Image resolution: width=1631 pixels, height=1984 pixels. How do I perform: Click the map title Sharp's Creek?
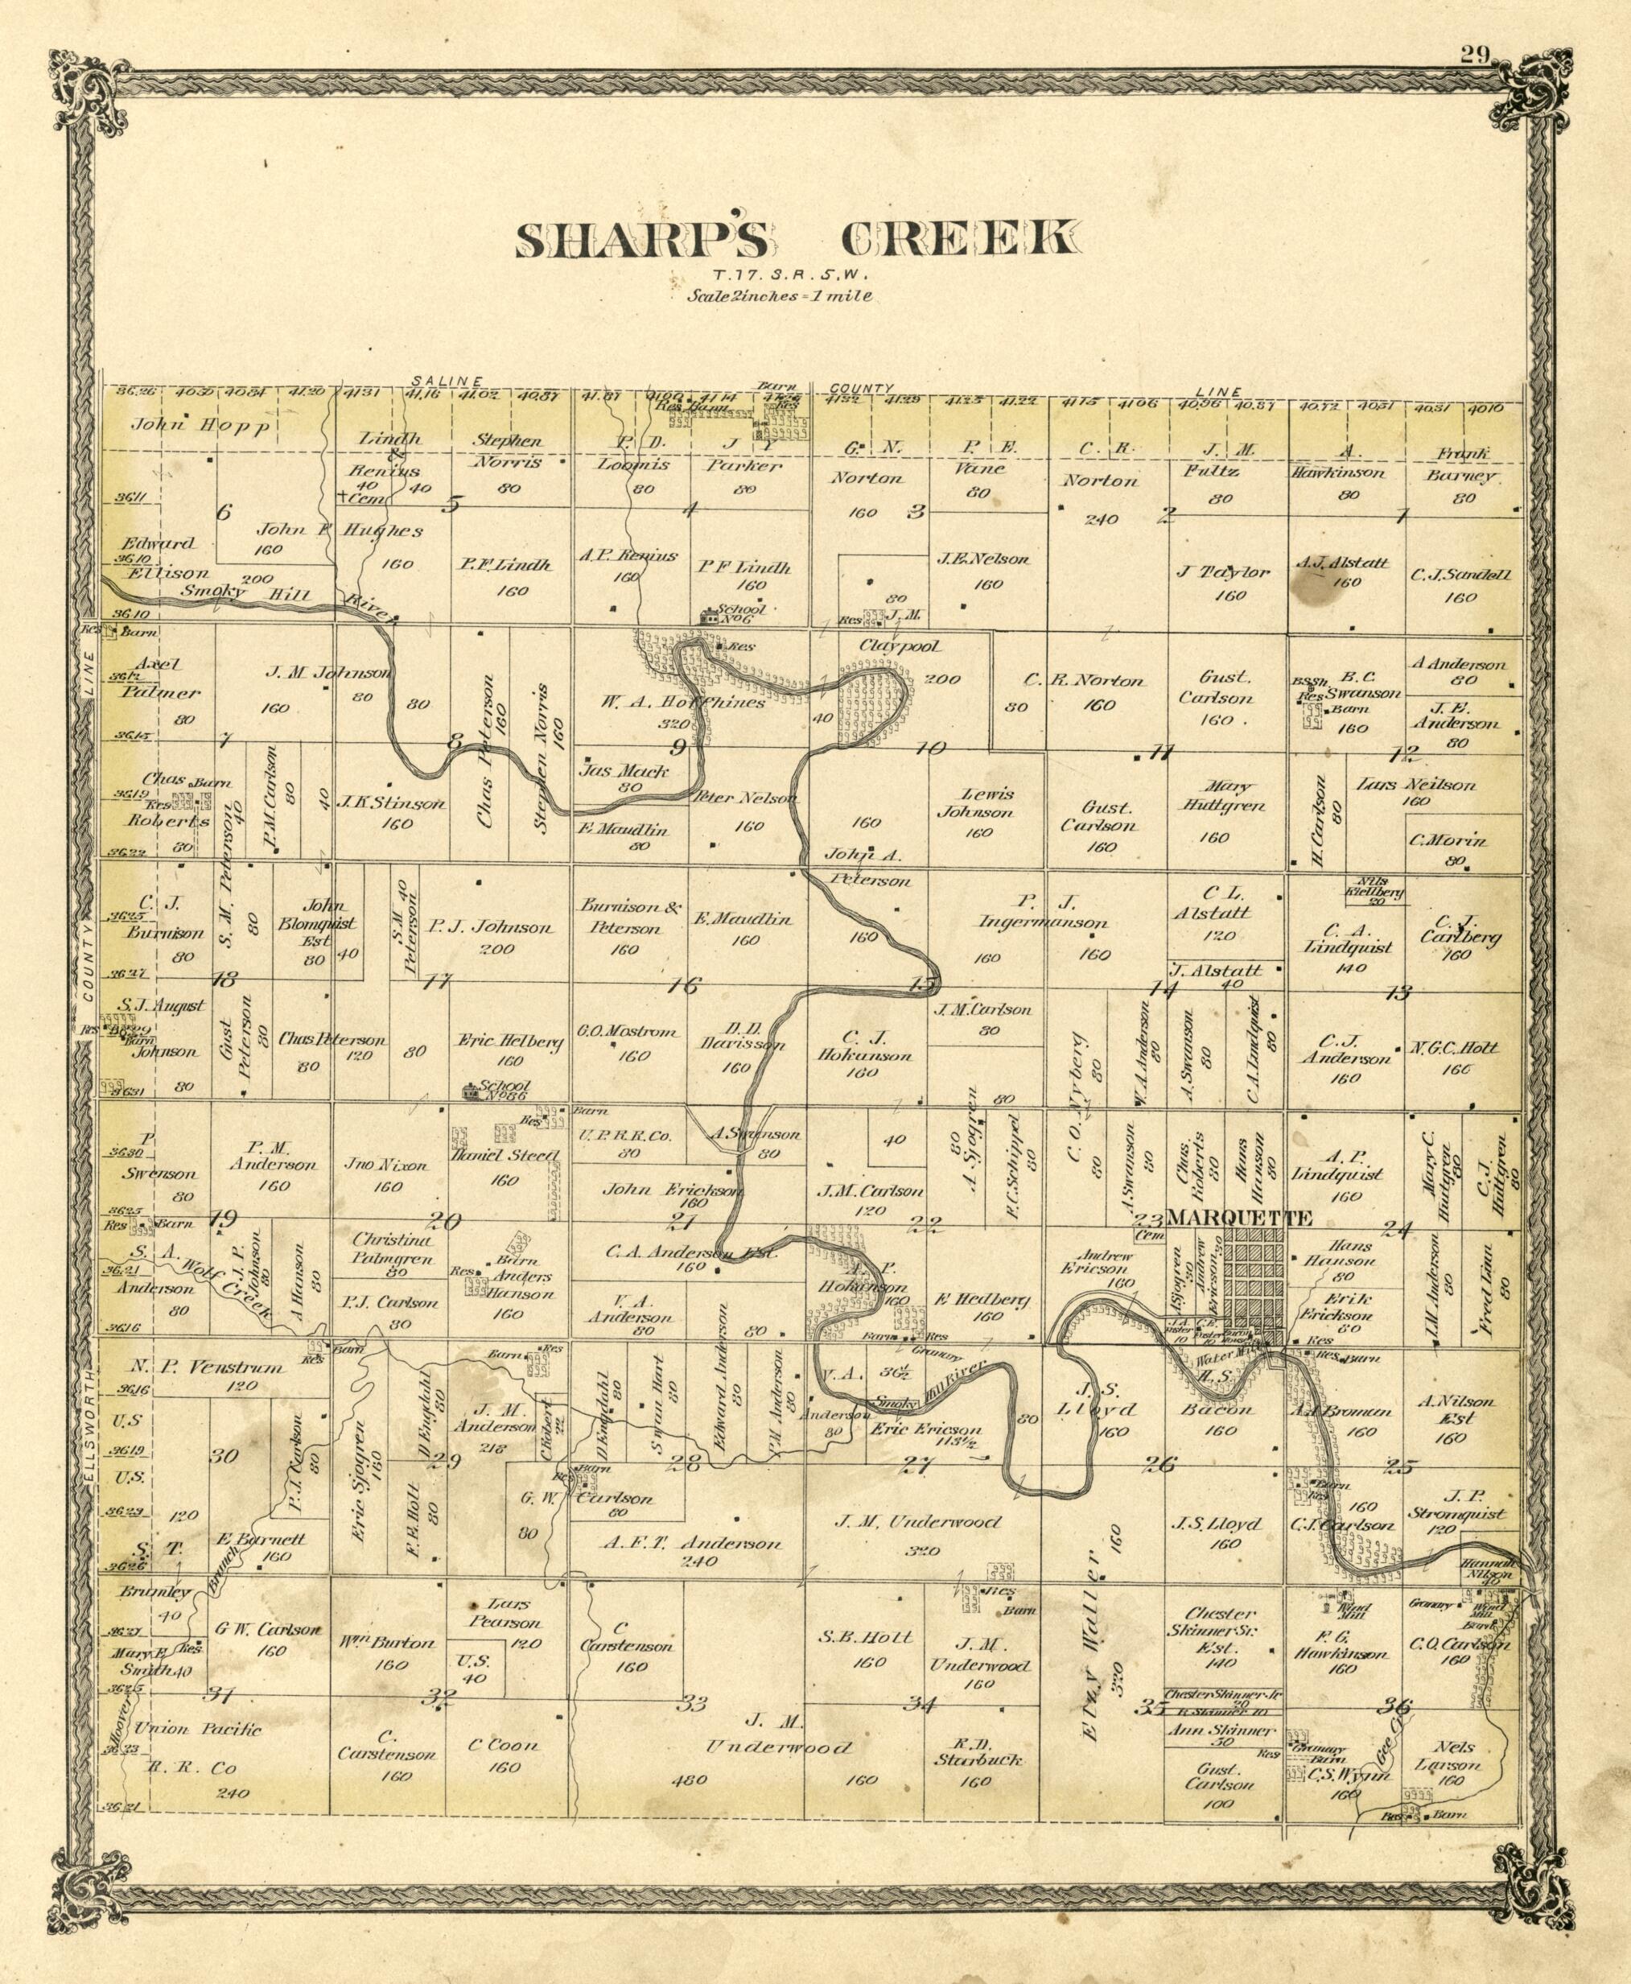795,240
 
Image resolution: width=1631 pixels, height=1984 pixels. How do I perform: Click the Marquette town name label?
1239,1218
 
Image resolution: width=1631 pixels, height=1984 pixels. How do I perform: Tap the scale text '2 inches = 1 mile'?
780,295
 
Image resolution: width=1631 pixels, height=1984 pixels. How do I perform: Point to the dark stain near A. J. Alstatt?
1308,590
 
